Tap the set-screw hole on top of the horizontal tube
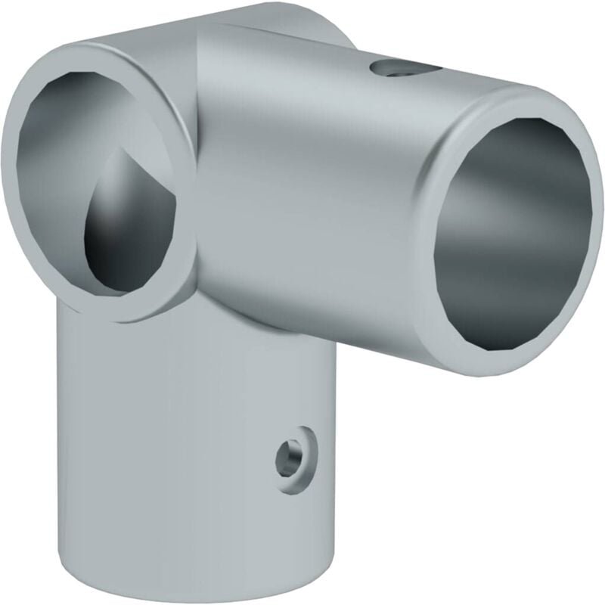(x=399, y=70)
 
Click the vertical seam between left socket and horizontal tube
(x=198, y=189)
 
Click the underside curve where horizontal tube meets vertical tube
(x=302, y=333)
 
